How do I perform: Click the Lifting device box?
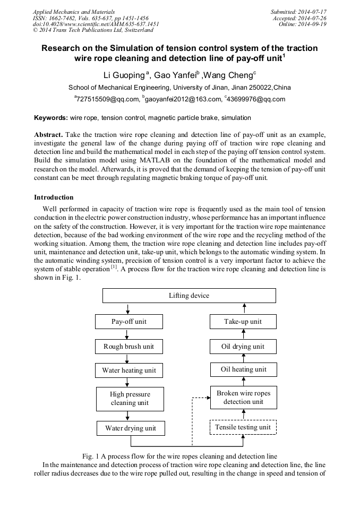(x=189, y=296)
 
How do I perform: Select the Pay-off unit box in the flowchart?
(x=129, y=322)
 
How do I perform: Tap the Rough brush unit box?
(x=129, y=347)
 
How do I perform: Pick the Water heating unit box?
(x=129, y=370)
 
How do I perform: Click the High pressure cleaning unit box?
(x=130, y=399)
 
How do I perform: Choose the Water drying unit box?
(x=130, y=428)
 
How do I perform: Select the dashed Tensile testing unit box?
(x=243, y=427)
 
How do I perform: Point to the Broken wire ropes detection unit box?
(x=243, y=398)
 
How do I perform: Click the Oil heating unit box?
(x=243, y=369)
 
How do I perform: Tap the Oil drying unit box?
(x=243, y=347)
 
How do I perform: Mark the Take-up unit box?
(x=243, y=322)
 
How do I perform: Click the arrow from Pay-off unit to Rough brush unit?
(x=127, y=334)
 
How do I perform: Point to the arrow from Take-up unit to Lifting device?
(x=245, y=308)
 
